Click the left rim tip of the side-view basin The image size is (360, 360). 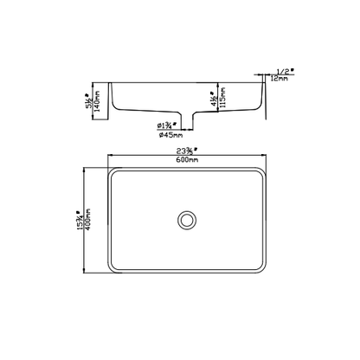click(x=110, y=84)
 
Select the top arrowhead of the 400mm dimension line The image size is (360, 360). click(x=85, y=167)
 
